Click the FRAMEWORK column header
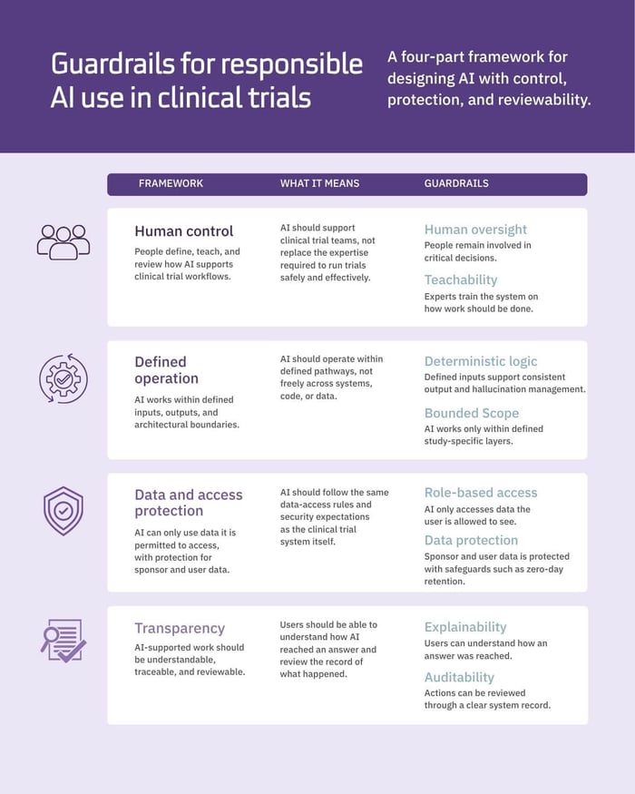tap(171, 183)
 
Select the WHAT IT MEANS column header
tap(319, 183)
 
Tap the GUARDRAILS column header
tap(456, 183)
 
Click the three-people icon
tap(63, 242)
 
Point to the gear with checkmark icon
tap(63, 378)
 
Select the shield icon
tap(63, 511)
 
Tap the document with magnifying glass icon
tap(63, 641)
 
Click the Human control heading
tap(184, 231)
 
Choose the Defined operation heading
tap(167, 370)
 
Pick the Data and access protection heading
tap(189, 503)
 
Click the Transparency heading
tap(180, 629)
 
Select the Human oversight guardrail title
tap(475, 230)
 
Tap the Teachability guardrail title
tap(461, 280)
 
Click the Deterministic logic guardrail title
tap(481, 361)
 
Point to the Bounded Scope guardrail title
tap(472, 413)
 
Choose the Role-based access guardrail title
tap(481, 493)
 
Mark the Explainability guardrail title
tap(465, 627)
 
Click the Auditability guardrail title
tap(459, 678)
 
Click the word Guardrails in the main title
tap(112, 64)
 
